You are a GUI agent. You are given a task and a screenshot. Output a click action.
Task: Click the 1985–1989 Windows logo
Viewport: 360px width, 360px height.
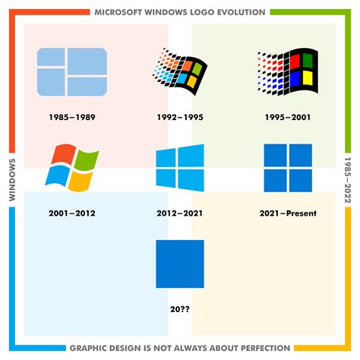click(x=72, y=72)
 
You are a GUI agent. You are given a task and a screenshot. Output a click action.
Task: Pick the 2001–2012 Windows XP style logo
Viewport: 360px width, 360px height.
click(x=72, y=168)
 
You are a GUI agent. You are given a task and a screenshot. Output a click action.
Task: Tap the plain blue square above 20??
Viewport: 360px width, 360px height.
click(x=180, y=264)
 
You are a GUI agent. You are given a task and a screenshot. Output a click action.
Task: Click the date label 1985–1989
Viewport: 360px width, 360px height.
click(x=72, y=118)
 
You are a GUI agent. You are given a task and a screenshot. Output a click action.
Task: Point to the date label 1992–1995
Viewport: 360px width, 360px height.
click(x=180, y=118)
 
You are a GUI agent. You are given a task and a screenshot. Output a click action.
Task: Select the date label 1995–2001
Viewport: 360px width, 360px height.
click(x=288, y=118)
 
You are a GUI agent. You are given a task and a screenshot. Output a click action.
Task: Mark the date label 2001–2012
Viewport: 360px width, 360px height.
click(x=72, y=213)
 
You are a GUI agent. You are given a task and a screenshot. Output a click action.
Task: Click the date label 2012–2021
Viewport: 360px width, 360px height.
click(x=180, y=213)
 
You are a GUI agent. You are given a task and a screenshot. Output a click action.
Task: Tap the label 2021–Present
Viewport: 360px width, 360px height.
click(x=288, y=213)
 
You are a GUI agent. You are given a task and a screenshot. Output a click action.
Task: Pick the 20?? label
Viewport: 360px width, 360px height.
click(x=180, y=308)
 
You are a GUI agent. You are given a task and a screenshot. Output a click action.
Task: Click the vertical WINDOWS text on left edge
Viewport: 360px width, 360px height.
click(x=12, y=180)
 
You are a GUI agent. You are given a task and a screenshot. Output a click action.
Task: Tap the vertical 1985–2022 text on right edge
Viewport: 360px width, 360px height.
click(x=348, y=180)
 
